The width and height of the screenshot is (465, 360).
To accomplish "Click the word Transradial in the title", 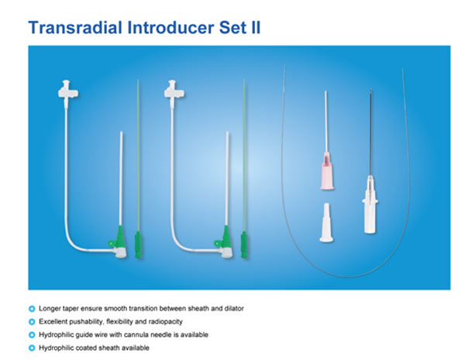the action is click(x=75, y=28).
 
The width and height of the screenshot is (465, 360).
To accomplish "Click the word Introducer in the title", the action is click(x=170, y=28).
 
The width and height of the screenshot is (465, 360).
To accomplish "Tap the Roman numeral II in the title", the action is click(x=256, y=28).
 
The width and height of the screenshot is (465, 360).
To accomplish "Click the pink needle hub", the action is click(x=327, y=171).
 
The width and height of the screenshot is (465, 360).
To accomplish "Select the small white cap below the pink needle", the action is click(x=326, y=223).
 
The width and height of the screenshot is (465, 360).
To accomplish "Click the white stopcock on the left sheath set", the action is click(x=67, y=91).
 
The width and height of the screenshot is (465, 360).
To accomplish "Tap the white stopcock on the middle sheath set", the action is click(x=174, y=91).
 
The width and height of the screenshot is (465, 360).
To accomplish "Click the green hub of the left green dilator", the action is click(x=138, y=245).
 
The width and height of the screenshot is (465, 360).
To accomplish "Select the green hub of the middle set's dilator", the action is click(x=244, y=245).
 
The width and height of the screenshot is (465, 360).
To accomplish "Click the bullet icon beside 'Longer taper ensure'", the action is click(x=32, y=309).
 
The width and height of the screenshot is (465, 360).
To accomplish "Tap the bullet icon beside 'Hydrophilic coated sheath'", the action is click(x=32, y=348).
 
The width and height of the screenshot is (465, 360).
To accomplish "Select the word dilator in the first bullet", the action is click(x=234, y=308).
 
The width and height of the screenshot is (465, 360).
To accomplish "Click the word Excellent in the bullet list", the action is click(x=52, y=321).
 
